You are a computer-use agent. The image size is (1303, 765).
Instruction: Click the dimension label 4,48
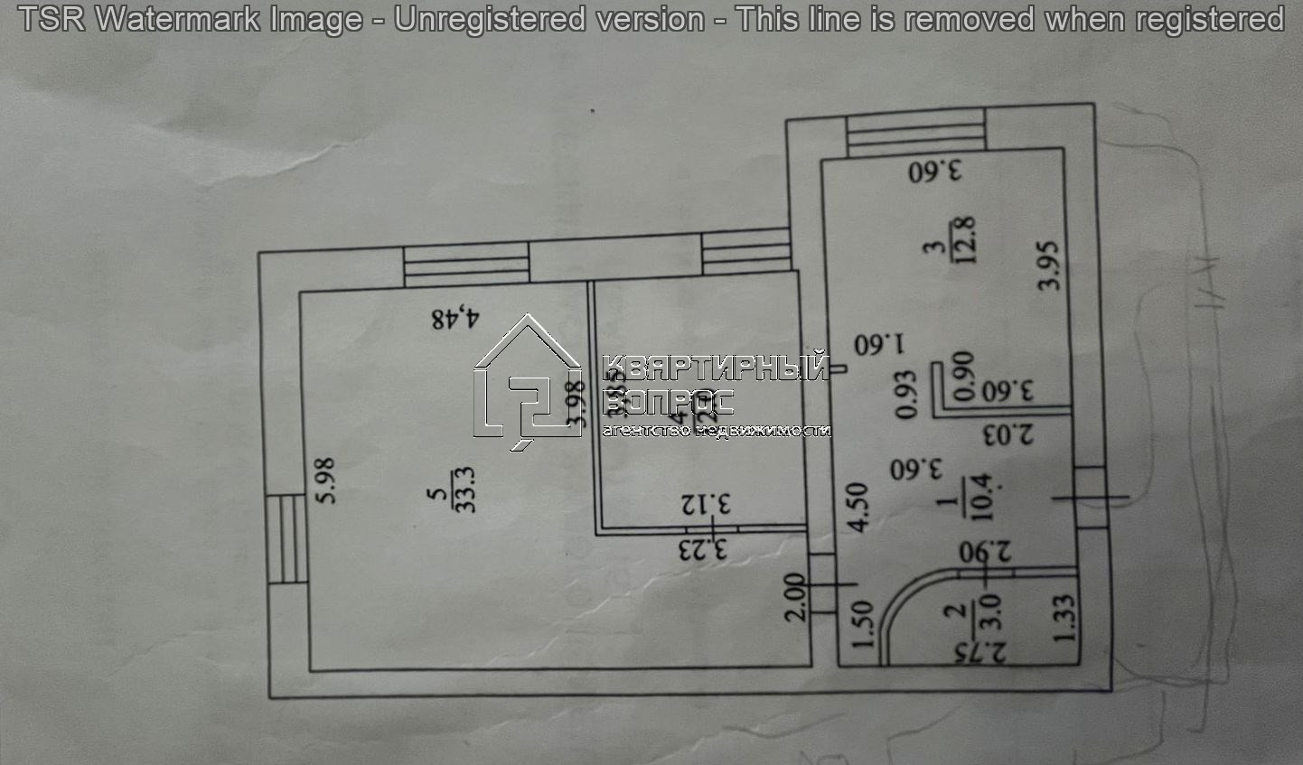(456, 318)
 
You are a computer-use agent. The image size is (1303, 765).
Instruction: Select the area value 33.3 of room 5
(466, 490)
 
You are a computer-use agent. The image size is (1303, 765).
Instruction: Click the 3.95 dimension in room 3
(1048, 265)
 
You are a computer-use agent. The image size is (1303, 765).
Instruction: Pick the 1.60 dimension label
(880, 344)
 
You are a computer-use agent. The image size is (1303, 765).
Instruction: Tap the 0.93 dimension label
(906, 395)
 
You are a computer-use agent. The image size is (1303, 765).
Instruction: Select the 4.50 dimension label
(859, 507)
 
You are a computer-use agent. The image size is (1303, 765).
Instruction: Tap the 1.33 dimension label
(1064, 618)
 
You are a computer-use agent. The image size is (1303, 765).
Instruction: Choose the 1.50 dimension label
(863, 624)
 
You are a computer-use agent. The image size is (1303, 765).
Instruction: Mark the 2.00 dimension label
(793, 598)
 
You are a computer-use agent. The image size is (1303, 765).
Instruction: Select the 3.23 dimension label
(704, 548)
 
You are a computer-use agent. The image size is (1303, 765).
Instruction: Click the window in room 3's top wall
(914, 134)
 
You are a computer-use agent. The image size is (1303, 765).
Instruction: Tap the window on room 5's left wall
(288, 539)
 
